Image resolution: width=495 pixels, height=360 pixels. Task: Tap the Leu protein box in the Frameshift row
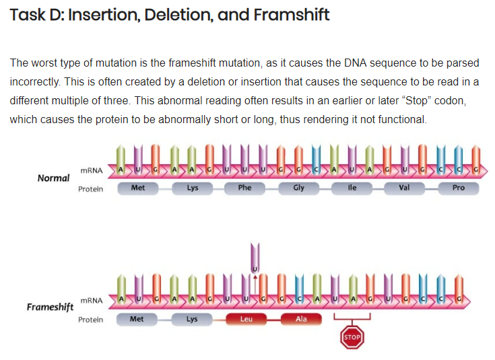[x=246, y=319]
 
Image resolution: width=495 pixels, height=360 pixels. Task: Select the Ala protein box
[x=301, y=319]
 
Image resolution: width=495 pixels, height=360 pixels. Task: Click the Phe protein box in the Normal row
[x=244, y=188]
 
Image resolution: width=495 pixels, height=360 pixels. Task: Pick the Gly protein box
[x=299, y=188]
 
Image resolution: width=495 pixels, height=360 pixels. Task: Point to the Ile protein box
[x=352, y=188]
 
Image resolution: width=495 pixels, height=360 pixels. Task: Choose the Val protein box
[x=404, y=188]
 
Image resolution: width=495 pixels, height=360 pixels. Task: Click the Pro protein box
[x=458, y=188]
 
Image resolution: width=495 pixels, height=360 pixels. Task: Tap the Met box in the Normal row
[x=137, y=188]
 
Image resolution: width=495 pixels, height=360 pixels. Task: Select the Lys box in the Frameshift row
[x=192, y=319]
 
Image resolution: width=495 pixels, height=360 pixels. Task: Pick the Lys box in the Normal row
[x=193, y=188]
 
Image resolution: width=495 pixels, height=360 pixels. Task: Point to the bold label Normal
[x=53, y=178]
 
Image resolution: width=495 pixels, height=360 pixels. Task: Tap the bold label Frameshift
[x=50, y=308]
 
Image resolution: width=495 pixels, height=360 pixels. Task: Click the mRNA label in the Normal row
[x=91, y=172]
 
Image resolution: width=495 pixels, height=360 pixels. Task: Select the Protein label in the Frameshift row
[x=90, y=320]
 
